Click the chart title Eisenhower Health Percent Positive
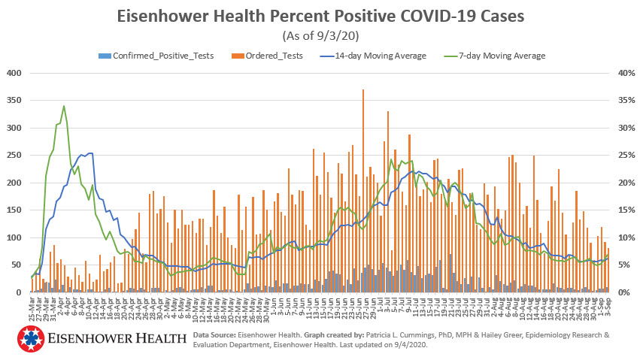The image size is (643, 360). [321, 16]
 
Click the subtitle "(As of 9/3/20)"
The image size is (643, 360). [321, 35]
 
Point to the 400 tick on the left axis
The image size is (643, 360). [14, 73]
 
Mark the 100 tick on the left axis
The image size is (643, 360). [14, 237]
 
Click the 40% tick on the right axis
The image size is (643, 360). [627, 73]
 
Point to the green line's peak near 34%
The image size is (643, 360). [64, 107]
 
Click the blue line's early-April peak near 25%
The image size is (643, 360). [89, 154]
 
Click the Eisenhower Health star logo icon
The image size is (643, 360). [29, 339]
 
